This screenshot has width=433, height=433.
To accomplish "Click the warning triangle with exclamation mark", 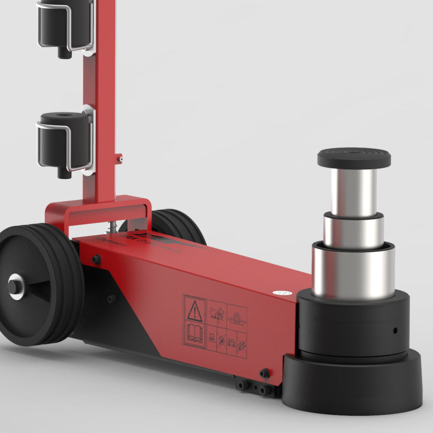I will (194, 310).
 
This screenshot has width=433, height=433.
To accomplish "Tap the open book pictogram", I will (194, 333).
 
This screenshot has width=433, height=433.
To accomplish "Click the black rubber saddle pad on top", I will (354, 157).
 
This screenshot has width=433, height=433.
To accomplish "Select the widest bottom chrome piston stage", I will (353, 271).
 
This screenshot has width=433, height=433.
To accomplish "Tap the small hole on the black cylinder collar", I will (395, 330).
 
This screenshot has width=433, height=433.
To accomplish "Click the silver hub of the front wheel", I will (16, 286).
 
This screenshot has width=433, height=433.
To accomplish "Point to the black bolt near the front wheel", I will (96, 259).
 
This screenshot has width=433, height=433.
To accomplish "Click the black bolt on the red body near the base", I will (264, 373).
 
